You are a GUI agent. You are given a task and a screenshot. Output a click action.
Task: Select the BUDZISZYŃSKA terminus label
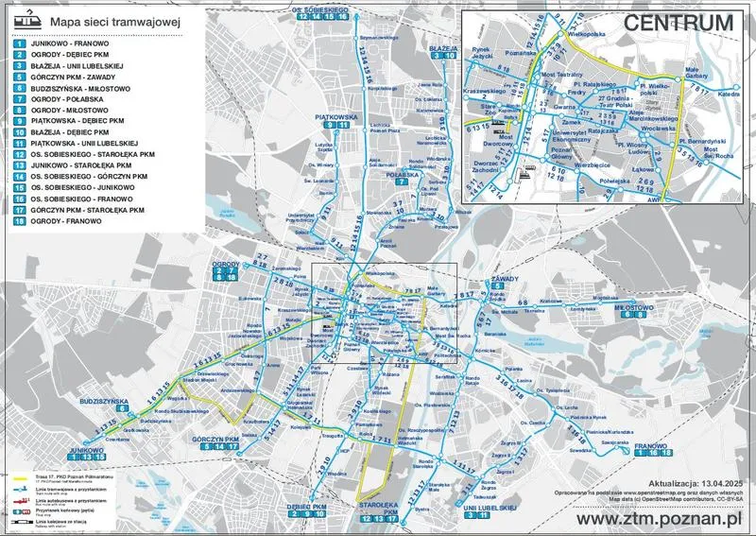(104, 402)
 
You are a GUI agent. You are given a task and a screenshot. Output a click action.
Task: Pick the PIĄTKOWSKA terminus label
(334, 117)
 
